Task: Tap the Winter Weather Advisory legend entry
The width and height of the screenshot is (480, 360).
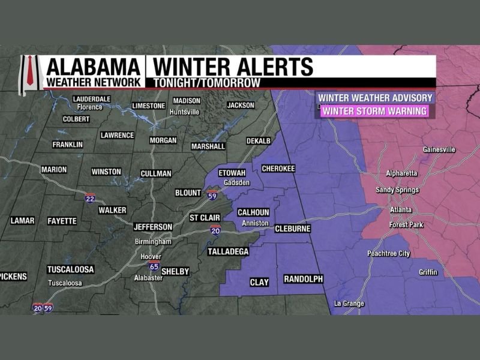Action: point(375,98)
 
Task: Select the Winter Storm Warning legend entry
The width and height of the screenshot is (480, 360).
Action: point(375,110)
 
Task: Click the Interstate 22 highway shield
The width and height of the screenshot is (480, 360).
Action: point(90,198)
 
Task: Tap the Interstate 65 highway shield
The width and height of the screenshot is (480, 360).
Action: point(154,265)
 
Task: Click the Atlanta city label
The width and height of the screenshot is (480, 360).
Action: point(401,209)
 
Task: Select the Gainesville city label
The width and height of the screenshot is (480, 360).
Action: point(439,149)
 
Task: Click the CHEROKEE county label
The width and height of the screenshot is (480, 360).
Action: point(279,169)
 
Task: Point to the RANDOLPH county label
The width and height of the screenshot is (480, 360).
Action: point(303,280)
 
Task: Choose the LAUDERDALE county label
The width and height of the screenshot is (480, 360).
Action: point(92,99)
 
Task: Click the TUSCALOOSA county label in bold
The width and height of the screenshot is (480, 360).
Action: point(71,269)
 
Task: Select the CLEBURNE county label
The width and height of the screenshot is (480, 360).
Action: point(292,229)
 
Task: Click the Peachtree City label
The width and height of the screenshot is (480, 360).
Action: point(388,254)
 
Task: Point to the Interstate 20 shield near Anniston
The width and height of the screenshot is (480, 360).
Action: point(215,230)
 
